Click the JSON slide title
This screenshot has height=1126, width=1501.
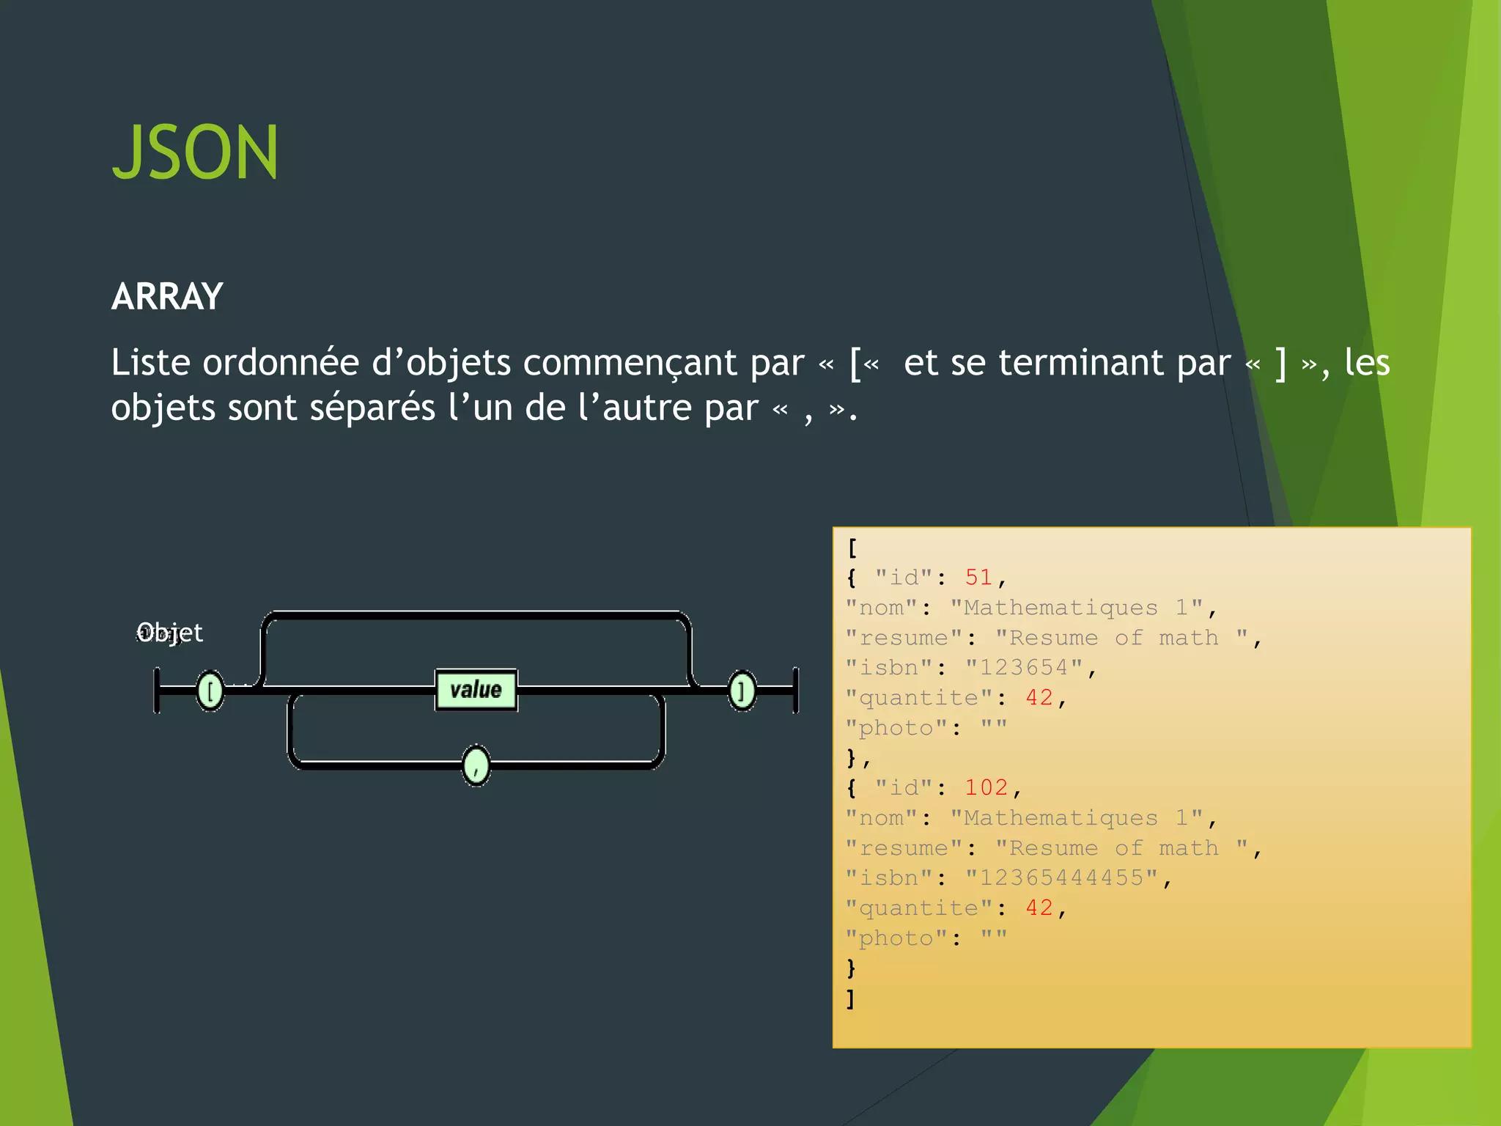click(x=195, y=152)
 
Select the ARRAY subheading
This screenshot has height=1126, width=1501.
click(x=167, y=297)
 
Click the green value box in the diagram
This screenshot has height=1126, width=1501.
click(x=476, y=690)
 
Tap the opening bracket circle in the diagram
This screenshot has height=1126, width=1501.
click(x=210, y=691)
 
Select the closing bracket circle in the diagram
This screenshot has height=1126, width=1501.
click(x=742, y=691)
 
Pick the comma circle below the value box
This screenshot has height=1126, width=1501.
click(x=476, y=766)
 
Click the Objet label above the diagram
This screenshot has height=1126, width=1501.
click(x=170, y=632)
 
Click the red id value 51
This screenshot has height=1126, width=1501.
click(x=978, y=578)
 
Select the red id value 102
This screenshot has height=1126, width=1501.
click(x=986, y=788)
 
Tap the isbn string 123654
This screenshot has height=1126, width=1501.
click(x=1023, y=668)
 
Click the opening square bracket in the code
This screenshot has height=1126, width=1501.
click(x=852, y=548)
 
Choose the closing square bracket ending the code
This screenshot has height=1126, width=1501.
click(x=850, y=998)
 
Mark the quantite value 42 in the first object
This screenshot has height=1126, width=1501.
click(x=1039, y=698)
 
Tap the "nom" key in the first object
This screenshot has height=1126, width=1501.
click(x=881, y=608)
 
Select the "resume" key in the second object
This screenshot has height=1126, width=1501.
click(x=903, y=848)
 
